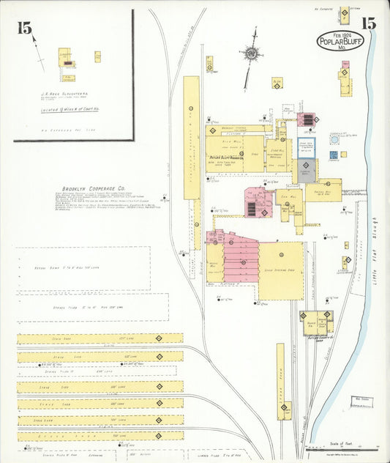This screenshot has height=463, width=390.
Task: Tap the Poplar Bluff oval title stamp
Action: [x=339, y=41]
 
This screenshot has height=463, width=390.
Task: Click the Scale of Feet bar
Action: [x=348, y=448]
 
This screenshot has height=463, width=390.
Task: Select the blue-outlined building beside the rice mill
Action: [x=306, y=147]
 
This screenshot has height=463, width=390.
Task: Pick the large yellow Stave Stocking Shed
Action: [x=280, y=271]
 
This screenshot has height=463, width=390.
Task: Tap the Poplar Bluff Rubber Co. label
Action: [x=234, y=158]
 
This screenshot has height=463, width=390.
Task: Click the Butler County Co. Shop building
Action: [x=318, y=322]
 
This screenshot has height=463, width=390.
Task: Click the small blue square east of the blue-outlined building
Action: [x=333, y=155]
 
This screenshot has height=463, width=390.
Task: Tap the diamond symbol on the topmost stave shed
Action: [x=159, y=338]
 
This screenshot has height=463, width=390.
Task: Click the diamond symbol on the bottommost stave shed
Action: [x=158, y=435]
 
